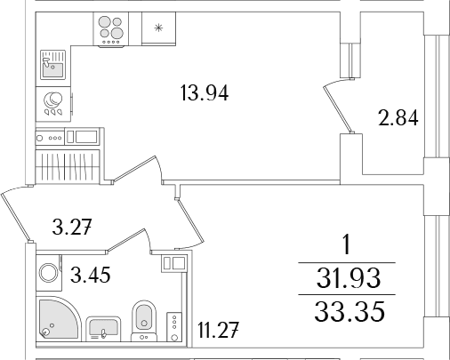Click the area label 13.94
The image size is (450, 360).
[x=205, y=93]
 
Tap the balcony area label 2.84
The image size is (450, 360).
[x=398, y=118]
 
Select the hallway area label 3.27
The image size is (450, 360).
[x=72, y=228]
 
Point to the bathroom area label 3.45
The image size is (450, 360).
[x=91, y=275]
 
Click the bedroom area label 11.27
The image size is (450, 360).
[x=218, y=330]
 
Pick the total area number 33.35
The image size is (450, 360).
[x=350, y=312]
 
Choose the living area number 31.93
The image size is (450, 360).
[x=349, y=278]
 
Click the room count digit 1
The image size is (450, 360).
[x=347, y=244]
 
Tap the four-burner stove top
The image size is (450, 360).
[x=111, y=29]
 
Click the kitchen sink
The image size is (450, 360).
[x=52, y=65]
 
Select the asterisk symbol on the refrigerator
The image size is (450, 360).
[x=158, y=28]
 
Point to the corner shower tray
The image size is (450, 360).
[x=58, y=318]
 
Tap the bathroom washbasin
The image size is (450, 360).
[x=103, y=329]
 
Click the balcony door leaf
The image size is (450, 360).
[x=338, y=109]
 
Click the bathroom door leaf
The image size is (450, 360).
[x=127, y=241]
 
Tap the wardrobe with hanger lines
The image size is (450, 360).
[x=68, y=166]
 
